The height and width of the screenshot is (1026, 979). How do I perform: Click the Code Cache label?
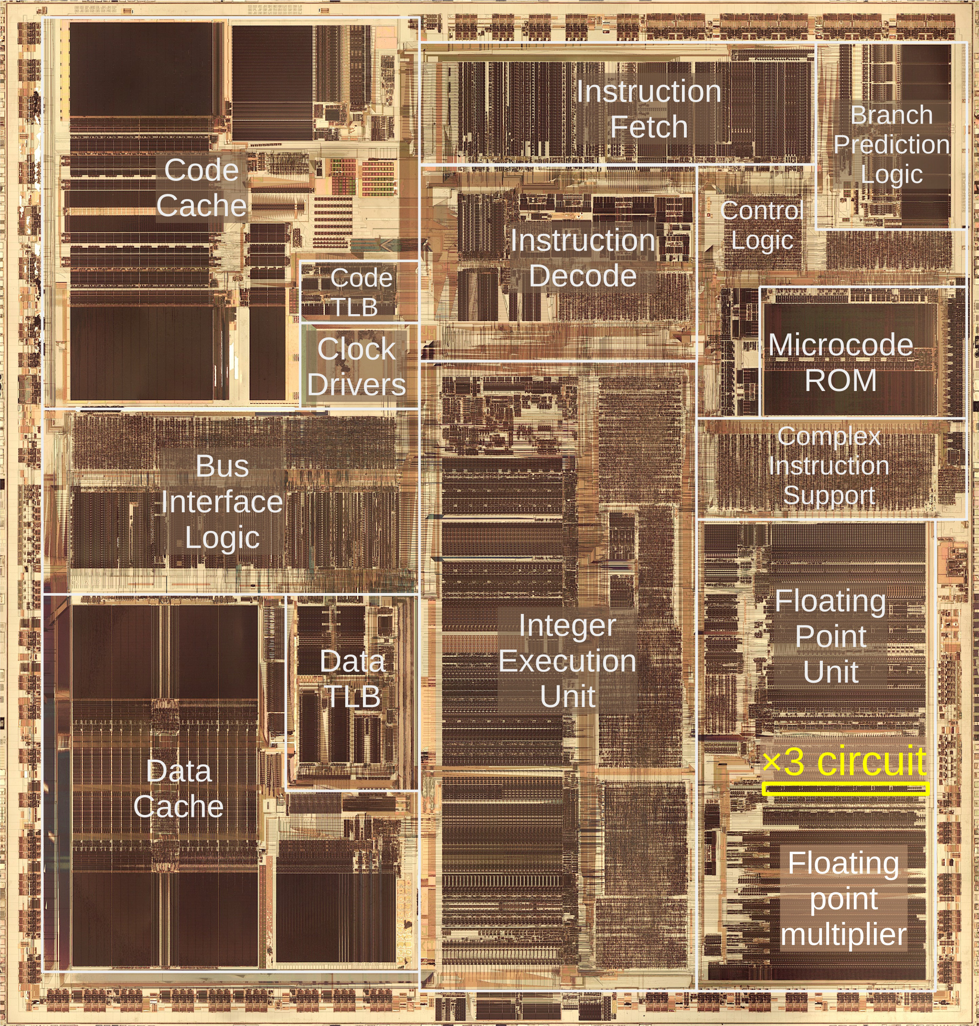click(x=202, y=187)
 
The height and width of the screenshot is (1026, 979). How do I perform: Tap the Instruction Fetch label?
click(x=649, y=109)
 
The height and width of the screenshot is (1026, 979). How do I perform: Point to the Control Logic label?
click(x=762, y=225)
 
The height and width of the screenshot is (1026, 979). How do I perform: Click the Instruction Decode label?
click(x=583, y=258)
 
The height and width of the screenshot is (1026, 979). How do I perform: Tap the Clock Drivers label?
click(x=356, y=366)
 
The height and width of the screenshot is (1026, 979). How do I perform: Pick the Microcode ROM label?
click(x=841, y=362)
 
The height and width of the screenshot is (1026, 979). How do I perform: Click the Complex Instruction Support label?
click(x=829, y=466)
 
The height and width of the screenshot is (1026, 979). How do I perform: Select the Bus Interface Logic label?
click(x=222, y=502)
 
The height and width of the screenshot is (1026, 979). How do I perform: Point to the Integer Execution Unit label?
click(x=568, y=661)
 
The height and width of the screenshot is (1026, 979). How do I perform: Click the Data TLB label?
click(x=353, y=679)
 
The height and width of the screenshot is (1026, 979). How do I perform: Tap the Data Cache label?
click(x=179, y=789)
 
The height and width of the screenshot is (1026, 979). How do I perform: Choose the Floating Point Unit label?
click(x=831, y=636)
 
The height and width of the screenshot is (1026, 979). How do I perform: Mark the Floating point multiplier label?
click(x=844, y=899)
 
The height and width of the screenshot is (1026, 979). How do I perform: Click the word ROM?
click(x=841, y=380)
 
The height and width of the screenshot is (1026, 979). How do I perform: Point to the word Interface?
click(x=222, y=502)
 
